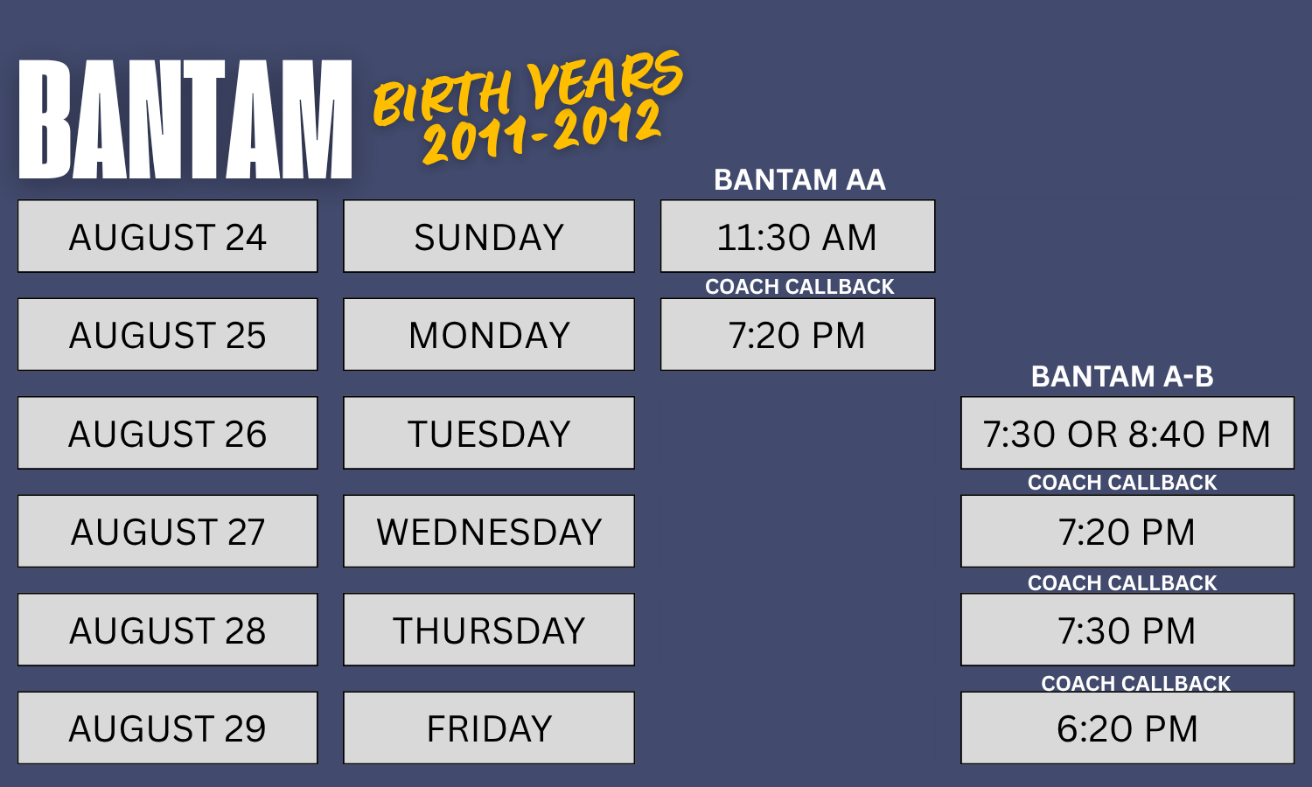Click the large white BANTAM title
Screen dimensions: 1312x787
click(185, 119)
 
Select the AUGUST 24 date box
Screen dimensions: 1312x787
click(168, 236)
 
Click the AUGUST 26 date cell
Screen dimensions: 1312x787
click(168, 433)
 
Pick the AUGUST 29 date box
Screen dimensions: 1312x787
click(168, 728)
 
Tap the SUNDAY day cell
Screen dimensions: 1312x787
click(489, 236)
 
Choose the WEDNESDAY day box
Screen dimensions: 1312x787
click(489, 531)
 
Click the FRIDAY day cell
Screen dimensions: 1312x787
click(489, 728)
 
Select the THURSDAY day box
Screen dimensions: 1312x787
click(489, 630)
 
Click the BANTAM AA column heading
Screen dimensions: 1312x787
click(799, 180)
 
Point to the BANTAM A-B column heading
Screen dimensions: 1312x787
click(1122, 377)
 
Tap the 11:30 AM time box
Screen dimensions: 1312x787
click(798, 236)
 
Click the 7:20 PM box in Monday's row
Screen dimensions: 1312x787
click(798, 334)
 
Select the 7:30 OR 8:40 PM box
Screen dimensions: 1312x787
click(1127, 433)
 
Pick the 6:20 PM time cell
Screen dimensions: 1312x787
click(1127, 728)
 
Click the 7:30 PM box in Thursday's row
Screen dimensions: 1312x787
click(1127, 630)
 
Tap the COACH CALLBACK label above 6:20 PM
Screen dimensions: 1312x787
click(1135, 683)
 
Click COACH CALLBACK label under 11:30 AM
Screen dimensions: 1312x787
click(799, 286)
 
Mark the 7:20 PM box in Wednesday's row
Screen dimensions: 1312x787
click(1127, 531)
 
